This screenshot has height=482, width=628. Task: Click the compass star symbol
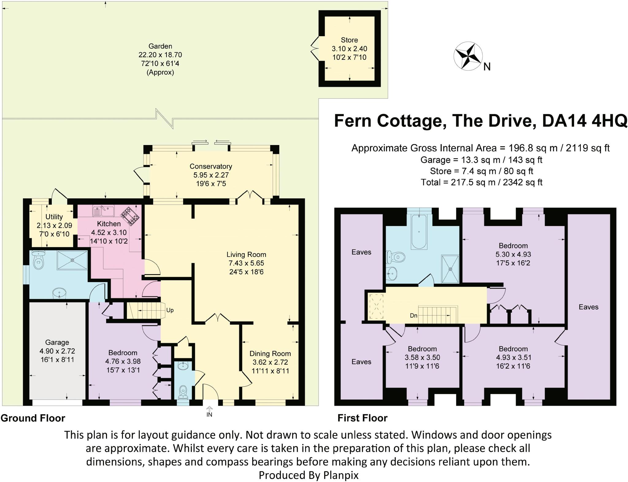[x=468, y=56]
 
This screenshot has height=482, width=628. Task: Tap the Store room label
[x=349, y=40]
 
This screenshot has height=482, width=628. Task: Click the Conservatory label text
[x=211, y=166]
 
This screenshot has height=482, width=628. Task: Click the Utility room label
[x=54, y=217]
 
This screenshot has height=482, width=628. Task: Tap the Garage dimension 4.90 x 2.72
[x=57, y=351]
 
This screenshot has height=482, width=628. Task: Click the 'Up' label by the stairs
[x=170, y=310]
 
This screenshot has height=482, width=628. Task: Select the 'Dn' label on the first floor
[x=413, y=316]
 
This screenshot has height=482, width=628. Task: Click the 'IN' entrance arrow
[x=209, y=411]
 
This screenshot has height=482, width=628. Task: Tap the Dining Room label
[x=270, y=354]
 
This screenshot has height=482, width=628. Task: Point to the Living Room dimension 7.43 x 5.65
[x=246, y=263]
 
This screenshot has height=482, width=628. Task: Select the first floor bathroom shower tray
[x=450, y=269]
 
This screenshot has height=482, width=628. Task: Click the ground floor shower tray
[x=72, y=260]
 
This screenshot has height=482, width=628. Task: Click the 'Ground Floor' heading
[x=33, y=418]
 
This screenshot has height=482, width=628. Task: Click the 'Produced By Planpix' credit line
[x=308, y=475]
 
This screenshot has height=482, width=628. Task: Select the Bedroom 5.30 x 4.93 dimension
[x=513, y=254]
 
